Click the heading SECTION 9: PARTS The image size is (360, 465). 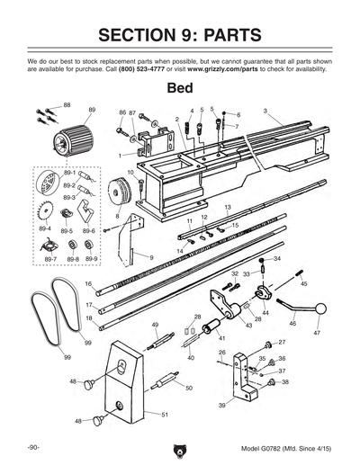click(x=180, y=35)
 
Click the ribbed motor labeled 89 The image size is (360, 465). click(x=69, y=141)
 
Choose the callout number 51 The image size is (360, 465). click(x=166, y=415)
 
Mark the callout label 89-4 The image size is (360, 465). click(x=44, y=230)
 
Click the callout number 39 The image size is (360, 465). click(x=221, y=406)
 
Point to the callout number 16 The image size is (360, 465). click(x=88, y=284)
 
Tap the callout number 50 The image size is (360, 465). click(x=189, y=388)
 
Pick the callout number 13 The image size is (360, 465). click(x=228, y=208)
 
